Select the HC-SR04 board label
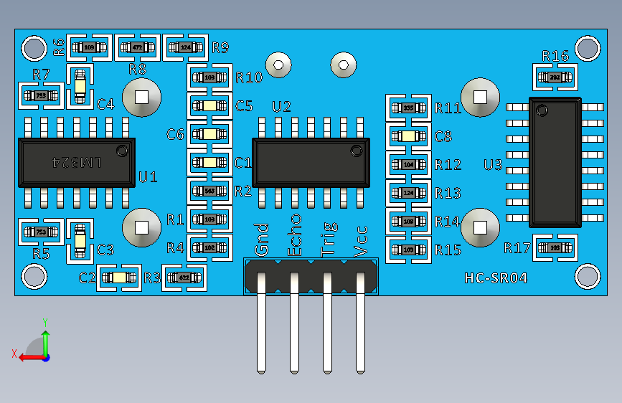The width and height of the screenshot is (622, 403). point(496,278)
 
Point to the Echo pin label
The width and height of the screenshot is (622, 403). point(295,234)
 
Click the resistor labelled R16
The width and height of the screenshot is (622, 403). point(555,77)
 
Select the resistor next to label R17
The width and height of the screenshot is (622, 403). point(555,247)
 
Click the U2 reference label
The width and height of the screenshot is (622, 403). point(281,107)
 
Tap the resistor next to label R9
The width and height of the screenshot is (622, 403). point(186,48)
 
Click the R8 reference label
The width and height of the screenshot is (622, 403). point(137,69)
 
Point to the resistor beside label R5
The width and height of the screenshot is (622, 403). point(40,232)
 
